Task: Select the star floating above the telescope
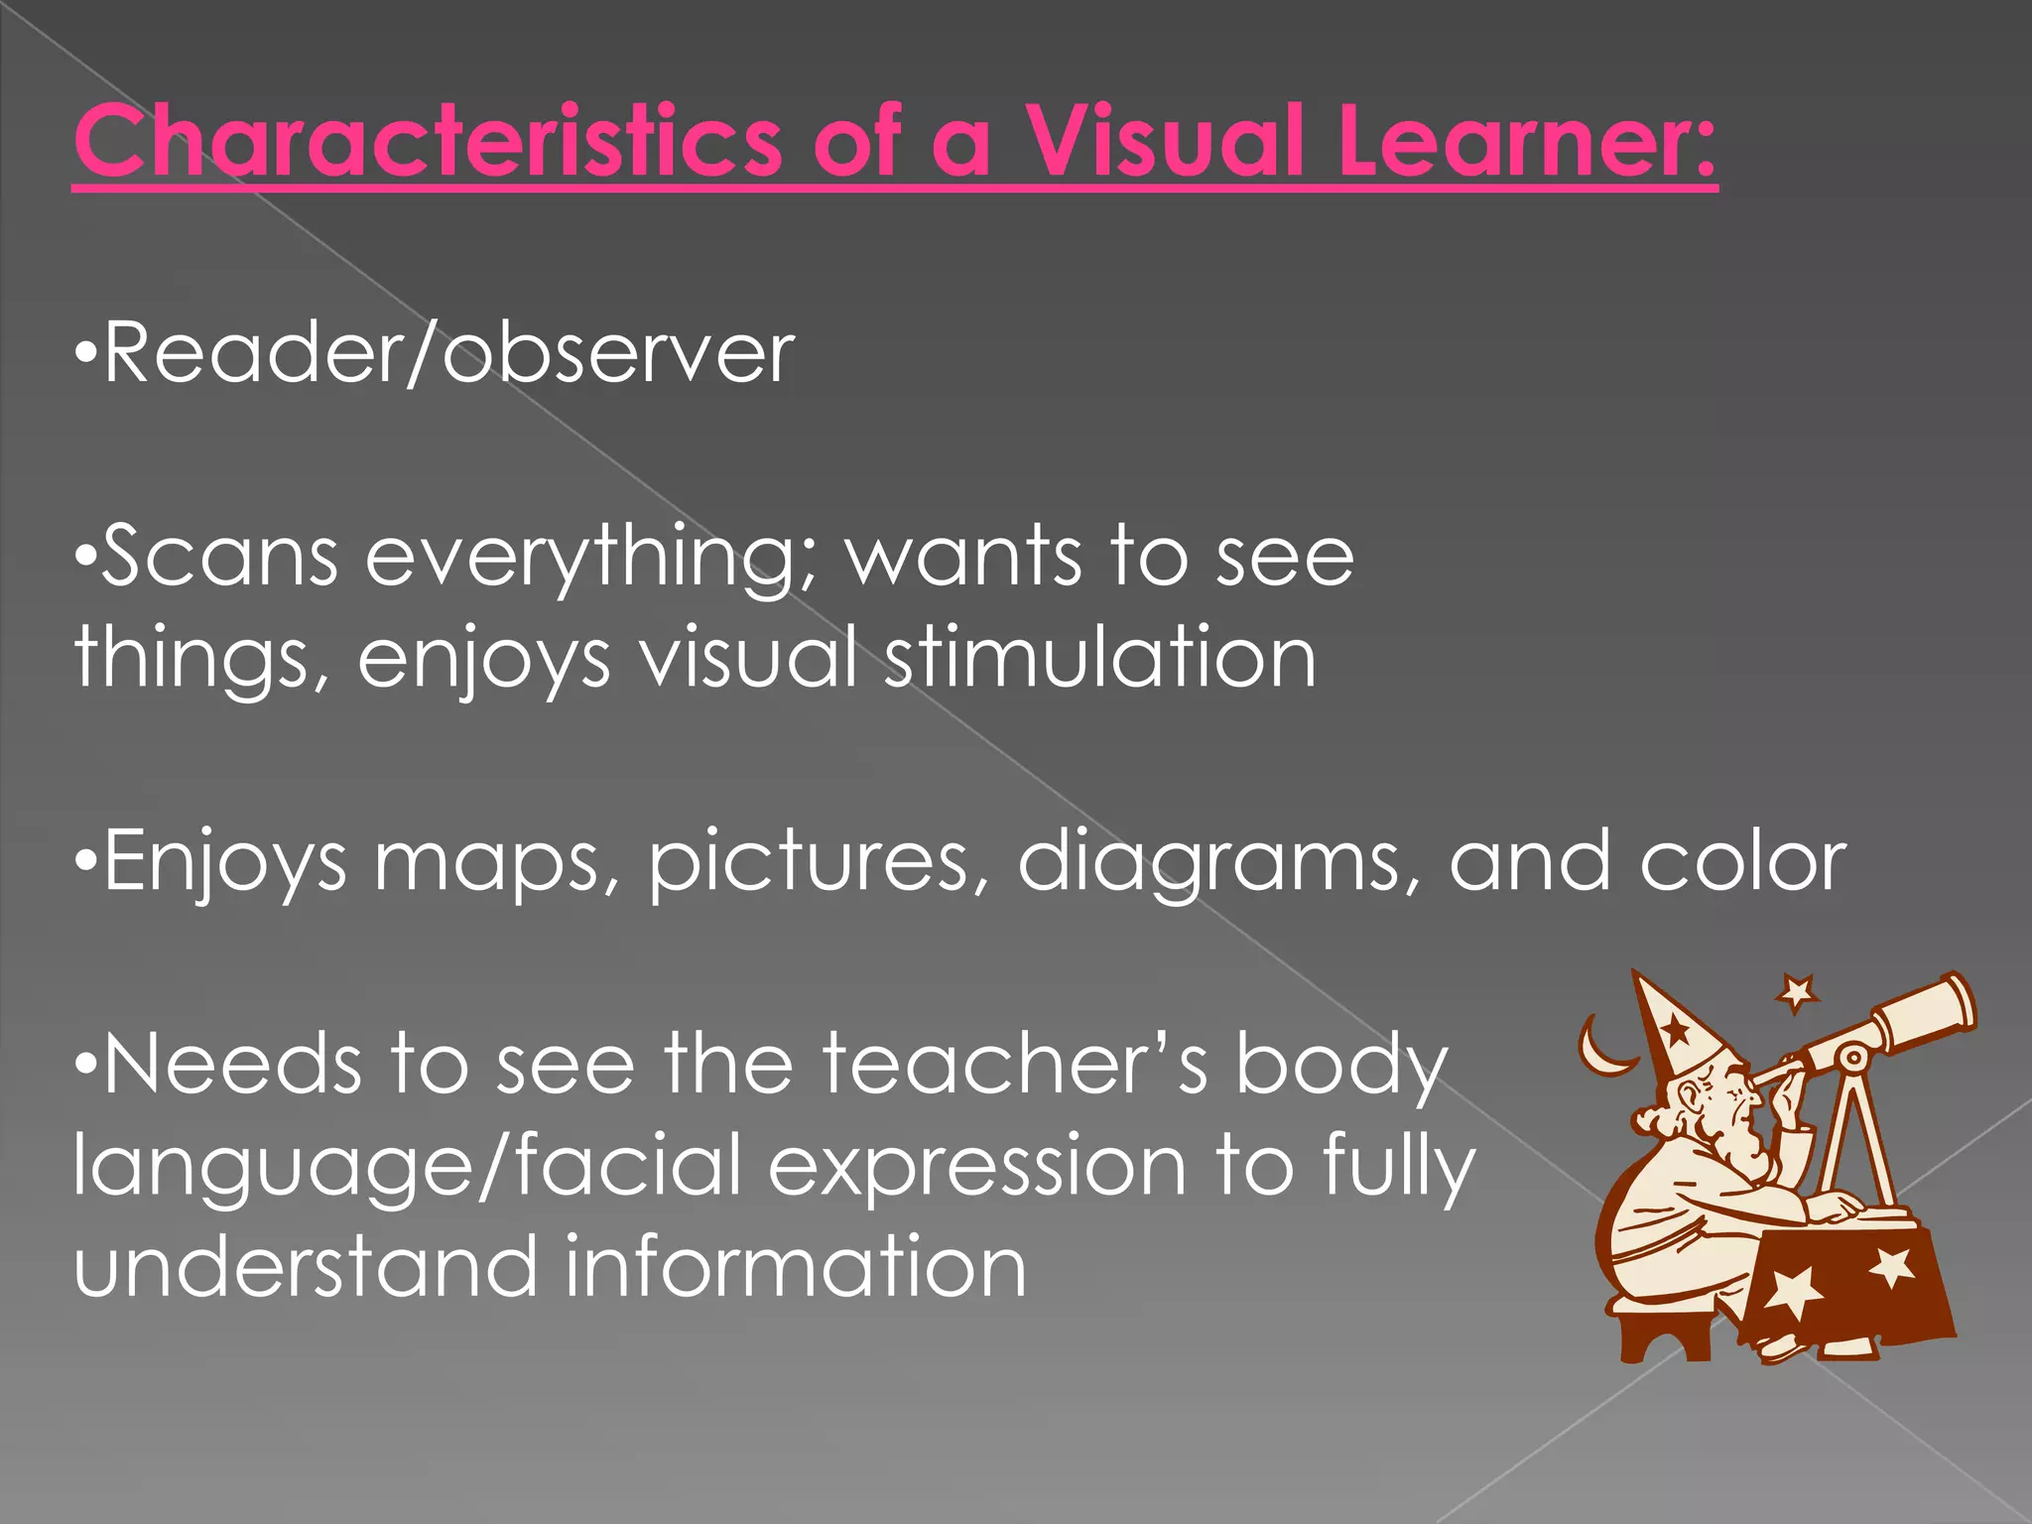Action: pyautogui.click(x=1797, y=992)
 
